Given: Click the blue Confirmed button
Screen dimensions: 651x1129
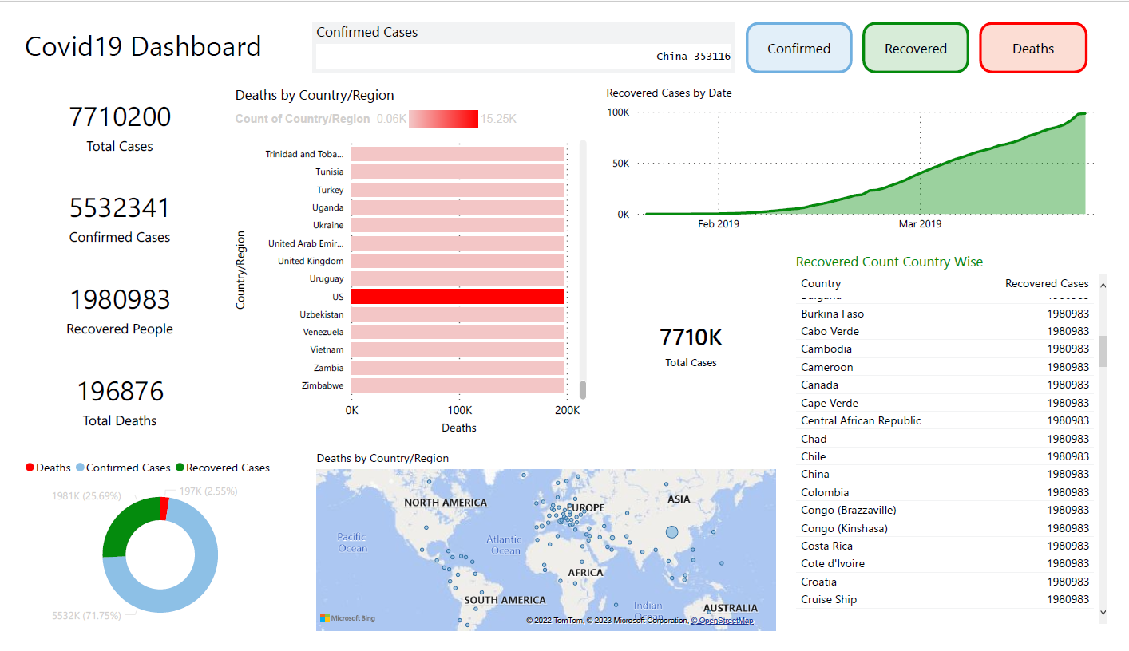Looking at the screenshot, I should click(x=798, y=49).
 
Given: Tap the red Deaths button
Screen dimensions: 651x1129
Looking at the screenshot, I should click(x=1032, y=49).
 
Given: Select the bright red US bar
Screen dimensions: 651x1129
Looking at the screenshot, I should click(x=457, y=297).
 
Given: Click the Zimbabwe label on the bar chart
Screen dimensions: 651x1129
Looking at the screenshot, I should click(x=323, y=385).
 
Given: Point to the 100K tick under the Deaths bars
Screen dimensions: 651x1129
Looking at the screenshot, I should click(x=459, y=410).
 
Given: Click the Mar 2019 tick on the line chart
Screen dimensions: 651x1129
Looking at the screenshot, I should click(x=920, y=224).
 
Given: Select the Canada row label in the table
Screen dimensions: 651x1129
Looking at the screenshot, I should click(x=819, y=385).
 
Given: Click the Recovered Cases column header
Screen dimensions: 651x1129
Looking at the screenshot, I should click(x=1046, y=283).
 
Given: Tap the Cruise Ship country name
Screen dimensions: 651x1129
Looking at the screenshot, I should click(x=829, y=599).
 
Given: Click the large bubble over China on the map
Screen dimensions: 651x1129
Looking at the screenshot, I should click(x=671, y=531).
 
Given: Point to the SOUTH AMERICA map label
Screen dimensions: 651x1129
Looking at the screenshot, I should click(x=505, y=600).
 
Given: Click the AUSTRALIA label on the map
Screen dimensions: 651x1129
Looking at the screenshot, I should click(x=730, y=608).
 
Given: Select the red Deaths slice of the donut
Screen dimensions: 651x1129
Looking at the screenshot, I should click(x=164, y=508).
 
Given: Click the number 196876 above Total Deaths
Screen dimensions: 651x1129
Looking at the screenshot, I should click(x=120, y=392).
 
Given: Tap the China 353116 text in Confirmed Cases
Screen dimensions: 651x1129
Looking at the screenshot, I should click(x=692, y=57).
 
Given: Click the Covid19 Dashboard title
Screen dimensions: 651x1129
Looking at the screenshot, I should click(x=143, y=46).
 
